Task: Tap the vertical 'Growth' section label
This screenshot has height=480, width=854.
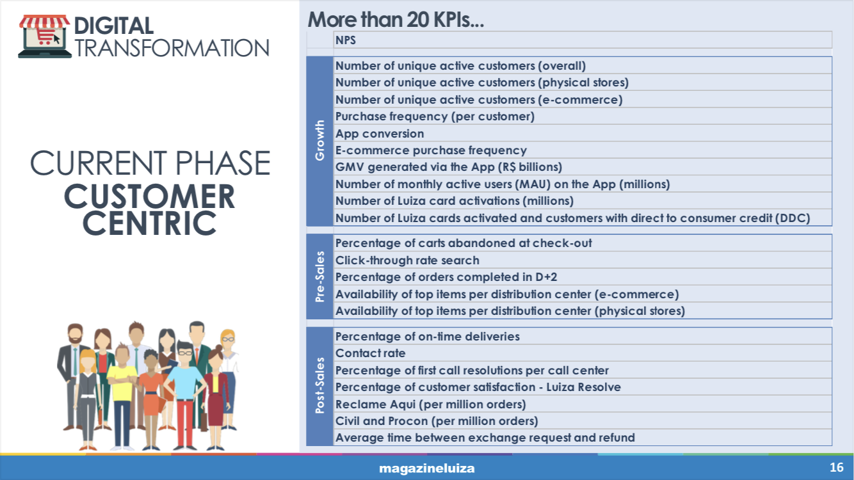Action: [x=319, y=140]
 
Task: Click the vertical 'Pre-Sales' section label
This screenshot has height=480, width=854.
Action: [x=319, y=276]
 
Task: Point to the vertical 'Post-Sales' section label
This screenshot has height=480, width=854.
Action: [x=319, y=385]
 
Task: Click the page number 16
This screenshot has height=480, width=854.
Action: [x=837, y=467]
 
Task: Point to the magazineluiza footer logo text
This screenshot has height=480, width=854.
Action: [x=426, y=468]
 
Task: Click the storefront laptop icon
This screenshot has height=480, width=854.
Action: [x=45, y=36]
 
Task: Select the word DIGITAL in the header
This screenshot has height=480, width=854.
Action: [x=113, y=26]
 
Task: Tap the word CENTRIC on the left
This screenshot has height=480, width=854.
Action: [x=149, y=223]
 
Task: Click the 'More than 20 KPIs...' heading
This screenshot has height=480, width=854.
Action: [x=396, y=19]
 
